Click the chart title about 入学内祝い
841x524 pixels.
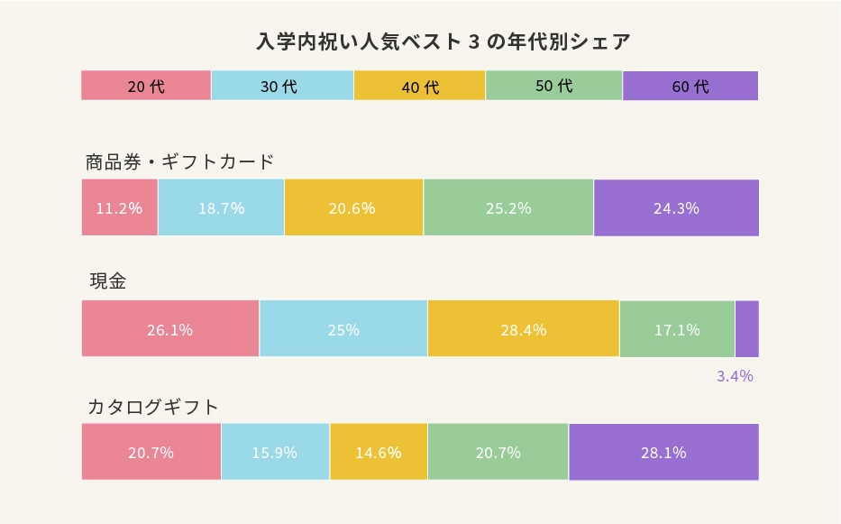click(x=443, y=41)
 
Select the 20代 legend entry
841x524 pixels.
click(x=146, y=86)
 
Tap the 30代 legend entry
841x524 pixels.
click(x=282, y=86)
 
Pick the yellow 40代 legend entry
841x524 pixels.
click(x=419, y=86)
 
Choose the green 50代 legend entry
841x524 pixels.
click(x=553, y=86)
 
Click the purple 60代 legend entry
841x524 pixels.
click(x=690, y=86)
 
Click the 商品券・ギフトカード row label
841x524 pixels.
click(x=179, y=162)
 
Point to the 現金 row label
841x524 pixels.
click(x=107, y=280)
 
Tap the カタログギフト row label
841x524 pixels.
click(x=153, y=407)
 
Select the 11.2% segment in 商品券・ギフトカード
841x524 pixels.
click(x=120, y=207)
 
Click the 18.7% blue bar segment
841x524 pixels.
click(x=221, y=207)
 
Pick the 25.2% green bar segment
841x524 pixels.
click(x=508, y=207)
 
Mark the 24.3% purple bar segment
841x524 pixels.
click(x=676, y=207)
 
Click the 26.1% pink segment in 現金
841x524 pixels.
click(x=170, y=329)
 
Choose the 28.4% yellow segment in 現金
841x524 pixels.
click(x=524, y=329)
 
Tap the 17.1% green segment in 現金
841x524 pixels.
click(x=677, y=329)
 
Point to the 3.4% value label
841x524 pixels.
click(x=735, y=376)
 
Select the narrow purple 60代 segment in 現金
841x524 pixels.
click(x=747, y=329)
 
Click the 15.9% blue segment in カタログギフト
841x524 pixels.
click(x=275, y=452)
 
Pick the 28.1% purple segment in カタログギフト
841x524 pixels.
click(x=663, y=452)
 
